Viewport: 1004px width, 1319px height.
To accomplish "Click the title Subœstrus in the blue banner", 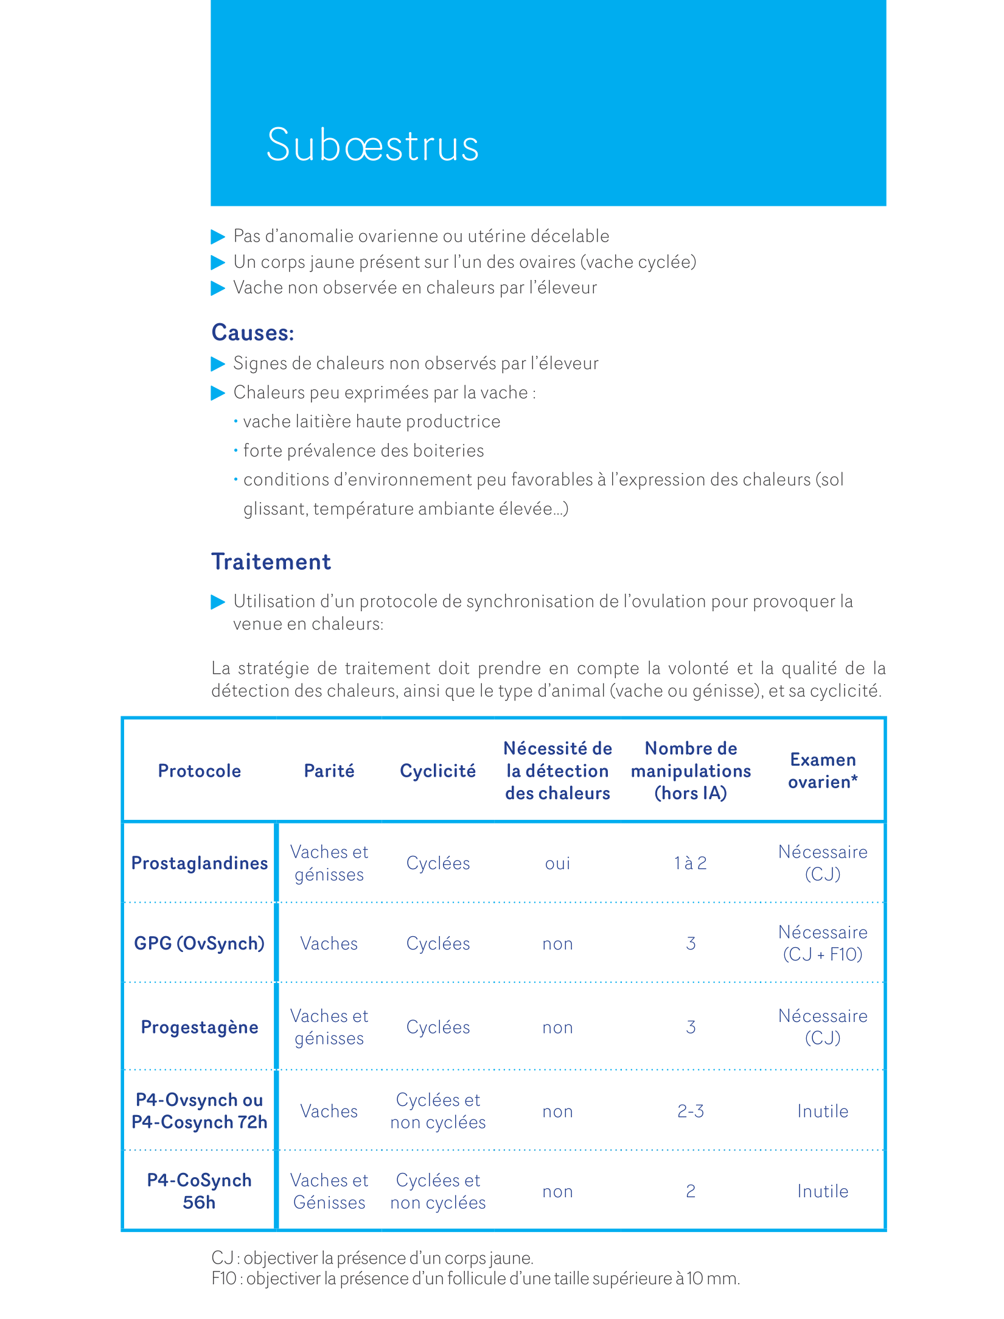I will pyautogui.click(x=372, y=145).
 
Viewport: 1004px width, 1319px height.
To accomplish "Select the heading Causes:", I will pyautogui.click(x=253, y=333).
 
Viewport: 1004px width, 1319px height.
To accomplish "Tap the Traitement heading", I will pyautogui.click(x=271, y=562).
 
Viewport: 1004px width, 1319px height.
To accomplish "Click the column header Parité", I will pyautogui.click(x=329, y=771).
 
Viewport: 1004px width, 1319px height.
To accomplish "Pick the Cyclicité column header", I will pyautogui.click(x=438, y=771).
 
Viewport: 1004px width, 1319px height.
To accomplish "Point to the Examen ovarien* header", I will pyautogui.click(x=823, y=771).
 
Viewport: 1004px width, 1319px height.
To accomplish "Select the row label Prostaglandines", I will pyautogui.click(x=200, y=863).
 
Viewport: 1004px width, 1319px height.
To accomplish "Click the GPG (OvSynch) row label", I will pyautogui.click(x=200, y=943).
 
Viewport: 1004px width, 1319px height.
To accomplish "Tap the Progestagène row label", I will pyautogui.click(x=200, y=1027).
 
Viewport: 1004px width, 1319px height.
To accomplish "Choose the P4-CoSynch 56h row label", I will pyautogui.click(x=200, y=1191).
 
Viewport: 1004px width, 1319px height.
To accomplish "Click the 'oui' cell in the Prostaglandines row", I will pyautogui.click(x=557, y=864).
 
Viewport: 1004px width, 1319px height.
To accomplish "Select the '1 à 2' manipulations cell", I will pyautogui.click(x=691, y=863).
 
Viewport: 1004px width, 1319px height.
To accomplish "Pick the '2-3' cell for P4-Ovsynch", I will pyautogui.click(x=691, y=1111).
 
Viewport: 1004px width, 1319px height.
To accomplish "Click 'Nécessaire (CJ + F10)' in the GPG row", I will pyautogui.click(x=823, y=943).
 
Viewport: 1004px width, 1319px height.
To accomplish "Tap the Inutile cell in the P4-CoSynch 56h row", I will pyautogui.click(x=823, y=1192).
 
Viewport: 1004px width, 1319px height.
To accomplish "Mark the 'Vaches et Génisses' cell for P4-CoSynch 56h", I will pyautogui.click(x=329, y=1191).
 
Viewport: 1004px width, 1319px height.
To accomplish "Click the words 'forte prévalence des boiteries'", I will pyautogui.click(x=363, y=451).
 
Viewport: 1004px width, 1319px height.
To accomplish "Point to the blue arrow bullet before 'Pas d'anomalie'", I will pyautogui.click(x=218, y=236).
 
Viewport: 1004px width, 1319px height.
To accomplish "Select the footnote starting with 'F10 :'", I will pyautogui.click(x=475, y=1279).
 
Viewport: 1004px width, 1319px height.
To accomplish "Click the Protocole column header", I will pyautogui.click(x=200, y=771).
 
